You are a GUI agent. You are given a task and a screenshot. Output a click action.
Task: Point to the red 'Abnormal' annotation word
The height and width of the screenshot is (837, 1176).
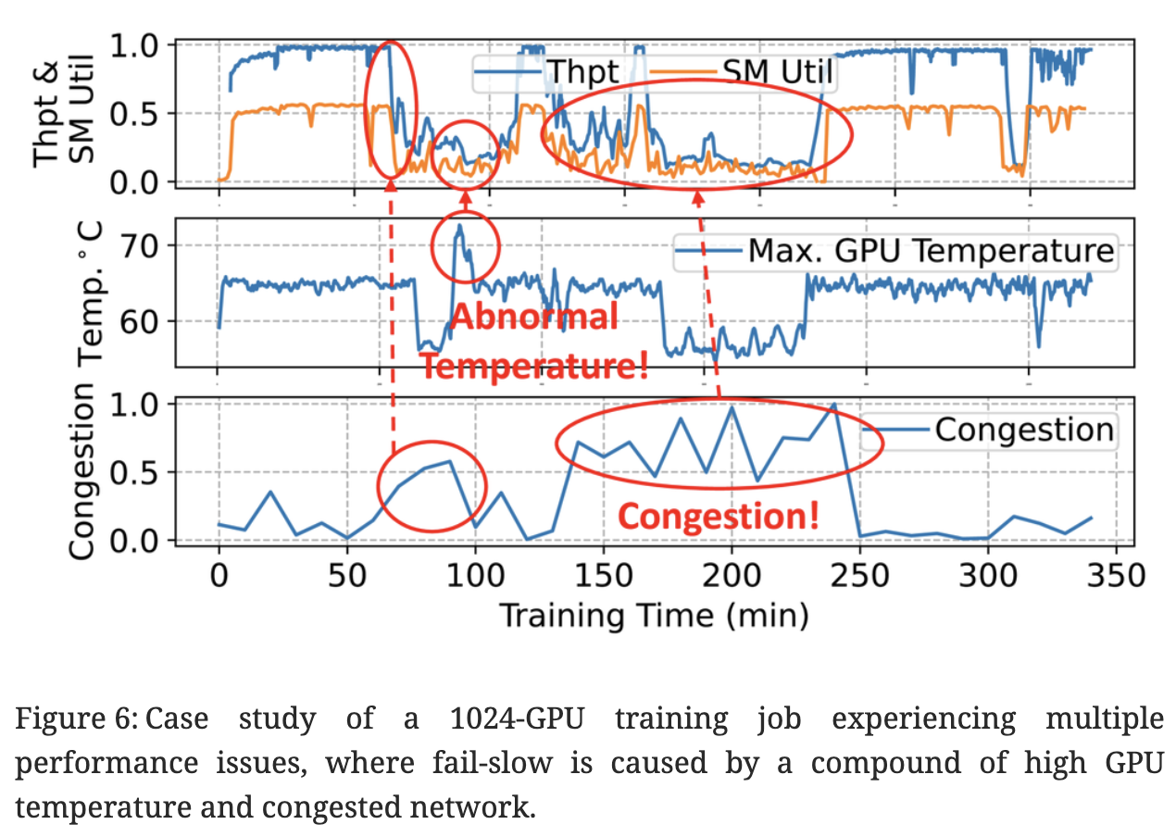(534, 318)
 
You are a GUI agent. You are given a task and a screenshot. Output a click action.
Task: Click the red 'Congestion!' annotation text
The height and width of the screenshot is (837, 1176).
(719, 515)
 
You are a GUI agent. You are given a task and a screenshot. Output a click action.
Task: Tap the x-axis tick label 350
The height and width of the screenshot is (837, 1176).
(1116, 575)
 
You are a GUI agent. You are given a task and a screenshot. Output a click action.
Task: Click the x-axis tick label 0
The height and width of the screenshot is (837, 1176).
(219, 575)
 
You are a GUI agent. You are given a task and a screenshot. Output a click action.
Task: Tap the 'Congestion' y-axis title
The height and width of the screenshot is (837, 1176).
(81, 472)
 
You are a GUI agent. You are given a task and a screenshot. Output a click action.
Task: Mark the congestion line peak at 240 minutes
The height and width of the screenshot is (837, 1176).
(834, 405)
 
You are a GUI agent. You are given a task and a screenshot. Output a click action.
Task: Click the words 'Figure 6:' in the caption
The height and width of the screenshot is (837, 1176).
(76, 719)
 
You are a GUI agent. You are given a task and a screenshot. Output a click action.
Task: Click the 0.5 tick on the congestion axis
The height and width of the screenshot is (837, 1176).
(139, 473)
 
